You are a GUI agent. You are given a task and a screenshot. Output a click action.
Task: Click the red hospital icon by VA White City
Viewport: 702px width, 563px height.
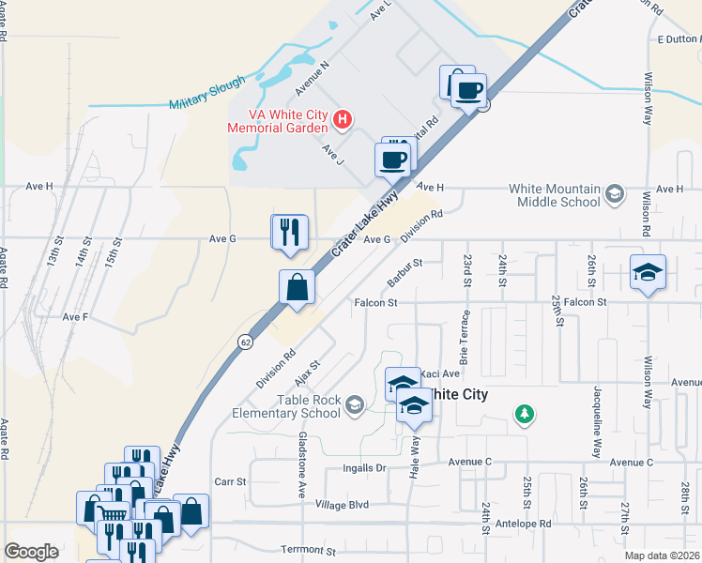click(343, 119)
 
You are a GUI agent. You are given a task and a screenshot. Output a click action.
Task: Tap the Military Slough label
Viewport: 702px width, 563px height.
click(207, 94)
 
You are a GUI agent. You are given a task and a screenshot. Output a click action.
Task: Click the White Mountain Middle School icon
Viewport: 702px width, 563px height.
click(615, 194)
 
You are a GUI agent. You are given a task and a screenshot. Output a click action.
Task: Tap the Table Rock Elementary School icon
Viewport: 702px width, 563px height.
click(354, 405)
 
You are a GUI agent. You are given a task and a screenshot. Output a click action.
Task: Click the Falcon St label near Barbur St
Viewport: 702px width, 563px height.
click(376, 302)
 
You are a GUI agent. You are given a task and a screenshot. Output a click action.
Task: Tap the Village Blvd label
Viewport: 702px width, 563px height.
click(343, 504)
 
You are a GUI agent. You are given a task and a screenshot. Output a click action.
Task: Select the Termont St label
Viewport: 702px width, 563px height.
click(308, 549)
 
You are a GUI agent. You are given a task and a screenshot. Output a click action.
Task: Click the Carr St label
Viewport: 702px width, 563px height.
click(230, 481)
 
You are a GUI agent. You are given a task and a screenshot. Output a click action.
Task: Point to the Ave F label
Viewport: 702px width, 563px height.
click(75, 317)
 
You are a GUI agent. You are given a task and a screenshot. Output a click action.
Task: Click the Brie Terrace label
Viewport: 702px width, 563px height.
click(464, 338)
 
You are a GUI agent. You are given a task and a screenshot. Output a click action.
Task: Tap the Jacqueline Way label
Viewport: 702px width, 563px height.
click(598, 421)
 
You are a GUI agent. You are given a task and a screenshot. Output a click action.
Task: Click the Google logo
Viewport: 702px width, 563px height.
click(32, 552)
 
